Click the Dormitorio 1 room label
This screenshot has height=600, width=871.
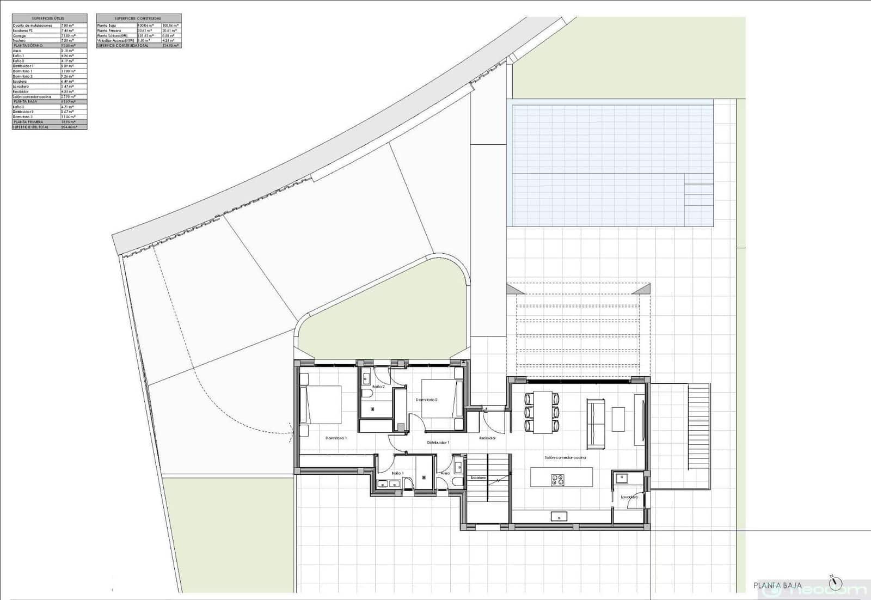pos(336,438)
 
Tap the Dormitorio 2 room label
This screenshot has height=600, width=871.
pos(427,400)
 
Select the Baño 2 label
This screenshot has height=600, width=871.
pos(378,387)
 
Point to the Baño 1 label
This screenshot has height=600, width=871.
pos(397,473)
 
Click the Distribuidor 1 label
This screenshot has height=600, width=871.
pos(438,443)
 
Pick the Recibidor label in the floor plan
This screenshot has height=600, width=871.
pos(487,438)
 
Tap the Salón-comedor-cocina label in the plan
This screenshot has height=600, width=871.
pos(565,458)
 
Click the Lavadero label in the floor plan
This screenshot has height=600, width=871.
pos(629,497)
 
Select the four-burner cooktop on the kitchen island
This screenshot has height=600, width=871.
pos(558,480)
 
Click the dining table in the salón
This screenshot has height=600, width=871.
pos(542,412)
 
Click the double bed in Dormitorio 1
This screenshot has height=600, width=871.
pos(321,404)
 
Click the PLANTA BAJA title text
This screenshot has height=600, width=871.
pos(777,585)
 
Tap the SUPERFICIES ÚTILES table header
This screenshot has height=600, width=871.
pos(49,19)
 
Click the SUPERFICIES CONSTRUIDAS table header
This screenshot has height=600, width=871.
pos(138,19)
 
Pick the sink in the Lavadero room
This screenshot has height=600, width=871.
pos(621,478)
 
